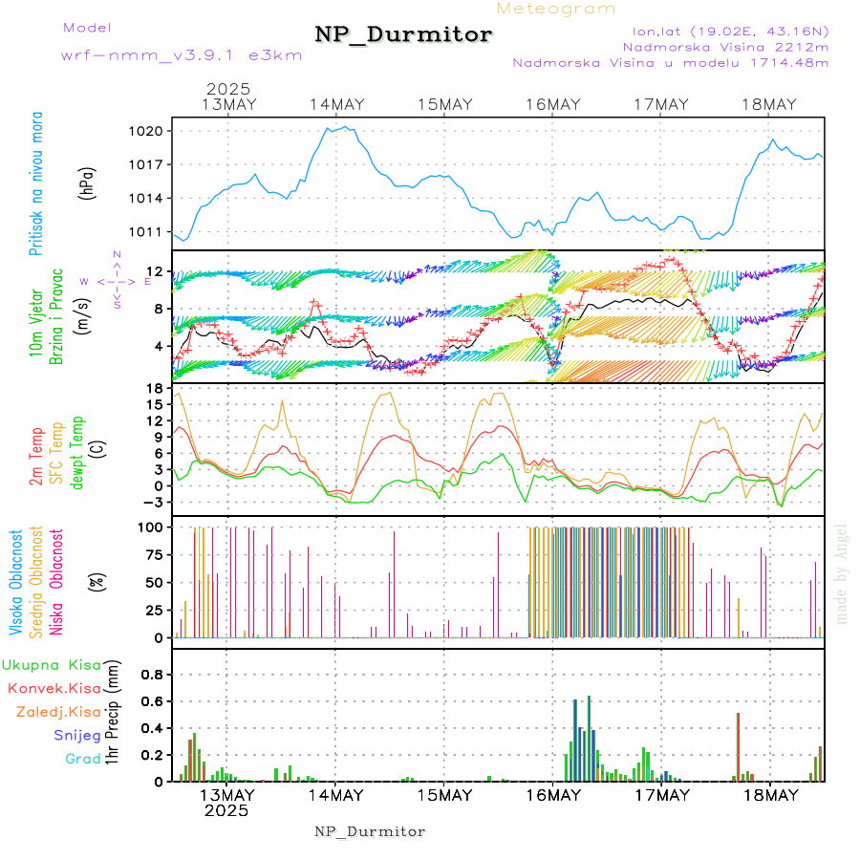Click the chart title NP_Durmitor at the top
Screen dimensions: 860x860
click(x=403, y=35)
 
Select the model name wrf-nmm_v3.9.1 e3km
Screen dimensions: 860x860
click(x=181, y=54)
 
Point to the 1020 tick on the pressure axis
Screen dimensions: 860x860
click(x=152, y=131)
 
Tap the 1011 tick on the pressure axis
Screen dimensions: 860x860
click(x=152, y=231)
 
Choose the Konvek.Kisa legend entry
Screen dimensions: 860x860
click(x=54, y=688)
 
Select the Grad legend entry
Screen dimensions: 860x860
click(x=83, y=760)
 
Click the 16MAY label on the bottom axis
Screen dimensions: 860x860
click(x=553, y=795)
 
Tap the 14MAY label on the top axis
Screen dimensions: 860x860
click(x=336, y=104)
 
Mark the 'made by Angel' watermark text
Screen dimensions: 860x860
click(x=842, y=573)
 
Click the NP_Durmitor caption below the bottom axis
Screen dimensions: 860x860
click(x=370, y=831)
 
